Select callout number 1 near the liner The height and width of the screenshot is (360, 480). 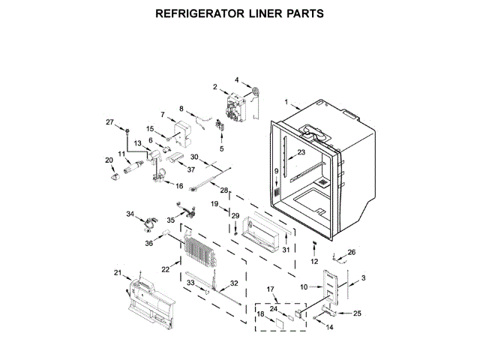tap(285, 100)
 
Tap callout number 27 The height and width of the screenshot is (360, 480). tap(109, 122)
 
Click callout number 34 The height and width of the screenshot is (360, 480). tap(130, 214)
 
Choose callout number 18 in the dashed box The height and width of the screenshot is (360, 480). tap(261, 314)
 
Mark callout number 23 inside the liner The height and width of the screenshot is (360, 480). tap(301, 152)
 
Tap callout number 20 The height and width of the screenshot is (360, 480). tap(109, 160)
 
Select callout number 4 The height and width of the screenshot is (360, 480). tap(236, 79)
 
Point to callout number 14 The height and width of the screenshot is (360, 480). tap(329, 328)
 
